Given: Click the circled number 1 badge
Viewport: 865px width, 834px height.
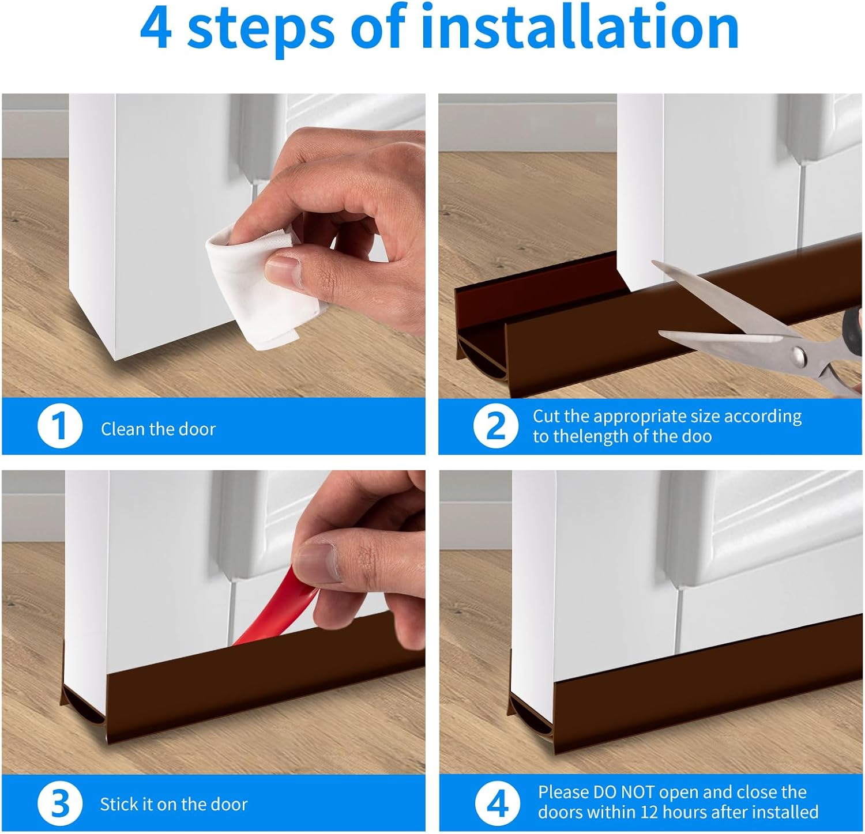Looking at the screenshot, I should pos(60,427).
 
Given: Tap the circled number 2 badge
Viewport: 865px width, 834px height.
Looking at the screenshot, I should pos(496,427).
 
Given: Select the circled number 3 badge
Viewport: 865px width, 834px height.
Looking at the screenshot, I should pos(60,803).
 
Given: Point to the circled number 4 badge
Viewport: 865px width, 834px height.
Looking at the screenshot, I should pos(496,803).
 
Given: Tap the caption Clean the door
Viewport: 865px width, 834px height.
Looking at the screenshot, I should pos(158,429).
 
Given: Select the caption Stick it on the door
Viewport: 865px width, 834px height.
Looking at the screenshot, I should pos(174,805).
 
